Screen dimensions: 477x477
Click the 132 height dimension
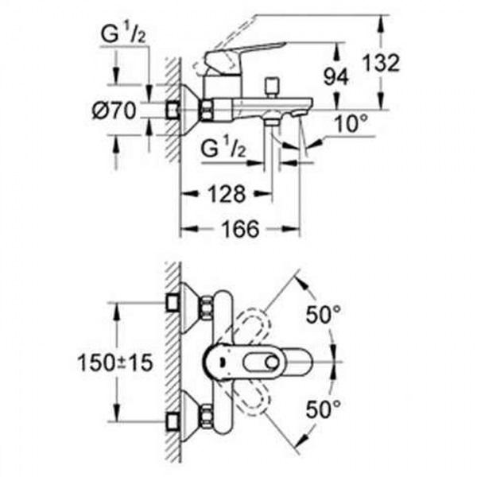[381, 64]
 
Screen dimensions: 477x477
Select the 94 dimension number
[335, 76]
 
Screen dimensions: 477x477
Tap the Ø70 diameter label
[114, 111]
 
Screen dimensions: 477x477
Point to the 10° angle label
[351, 124]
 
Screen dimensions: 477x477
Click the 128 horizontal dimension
[227, 194]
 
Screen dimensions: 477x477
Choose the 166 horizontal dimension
[240, 229]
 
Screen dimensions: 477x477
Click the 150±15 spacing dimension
[115, 363]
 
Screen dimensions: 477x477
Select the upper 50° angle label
[324, 314]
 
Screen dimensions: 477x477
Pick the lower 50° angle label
[324, 409]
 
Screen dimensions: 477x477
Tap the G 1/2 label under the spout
[223, 148]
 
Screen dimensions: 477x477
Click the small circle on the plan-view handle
[272, 363]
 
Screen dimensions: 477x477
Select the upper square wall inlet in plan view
[173, 303]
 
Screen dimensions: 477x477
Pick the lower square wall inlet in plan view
[173, 422]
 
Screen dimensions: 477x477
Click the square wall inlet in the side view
[173, 111]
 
